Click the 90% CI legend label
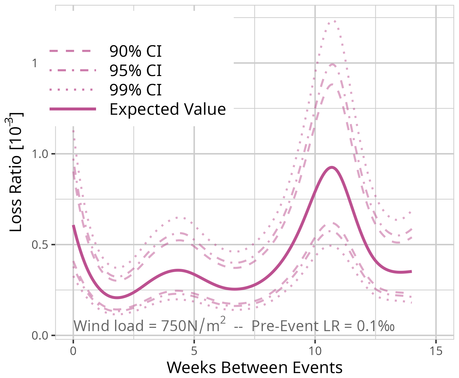(x=135, y=51)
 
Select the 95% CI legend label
(x=135, y=70)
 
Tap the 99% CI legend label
(x=135, y=90)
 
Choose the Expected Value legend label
(x=168, y=109)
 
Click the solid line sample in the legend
(x=72, y=109)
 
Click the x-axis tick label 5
(x=194, y=351)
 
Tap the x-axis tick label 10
(x=315, y=351)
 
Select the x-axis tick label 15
(x=436, y=351)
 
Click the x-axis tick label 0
(x=73, y=351)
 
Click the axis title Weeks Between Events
(x=254, y=368)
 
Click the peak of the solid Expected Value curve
(x=332, y=167)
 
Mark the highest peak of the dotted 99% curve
(x=334, y=21)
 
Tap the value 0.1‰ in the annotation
(x=375, y=326)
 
